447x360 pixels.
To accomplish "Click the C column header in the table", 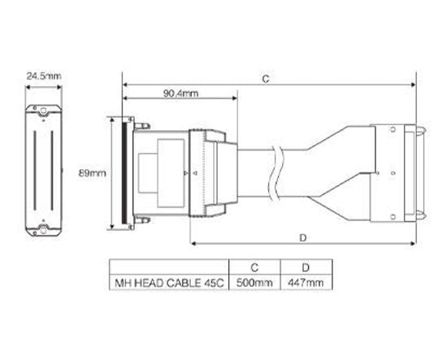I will (254, 266).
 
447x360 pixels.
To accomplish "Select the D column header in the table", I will (306, 266).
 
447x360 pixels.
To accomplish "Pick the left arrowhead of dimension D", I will (193, 243).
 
